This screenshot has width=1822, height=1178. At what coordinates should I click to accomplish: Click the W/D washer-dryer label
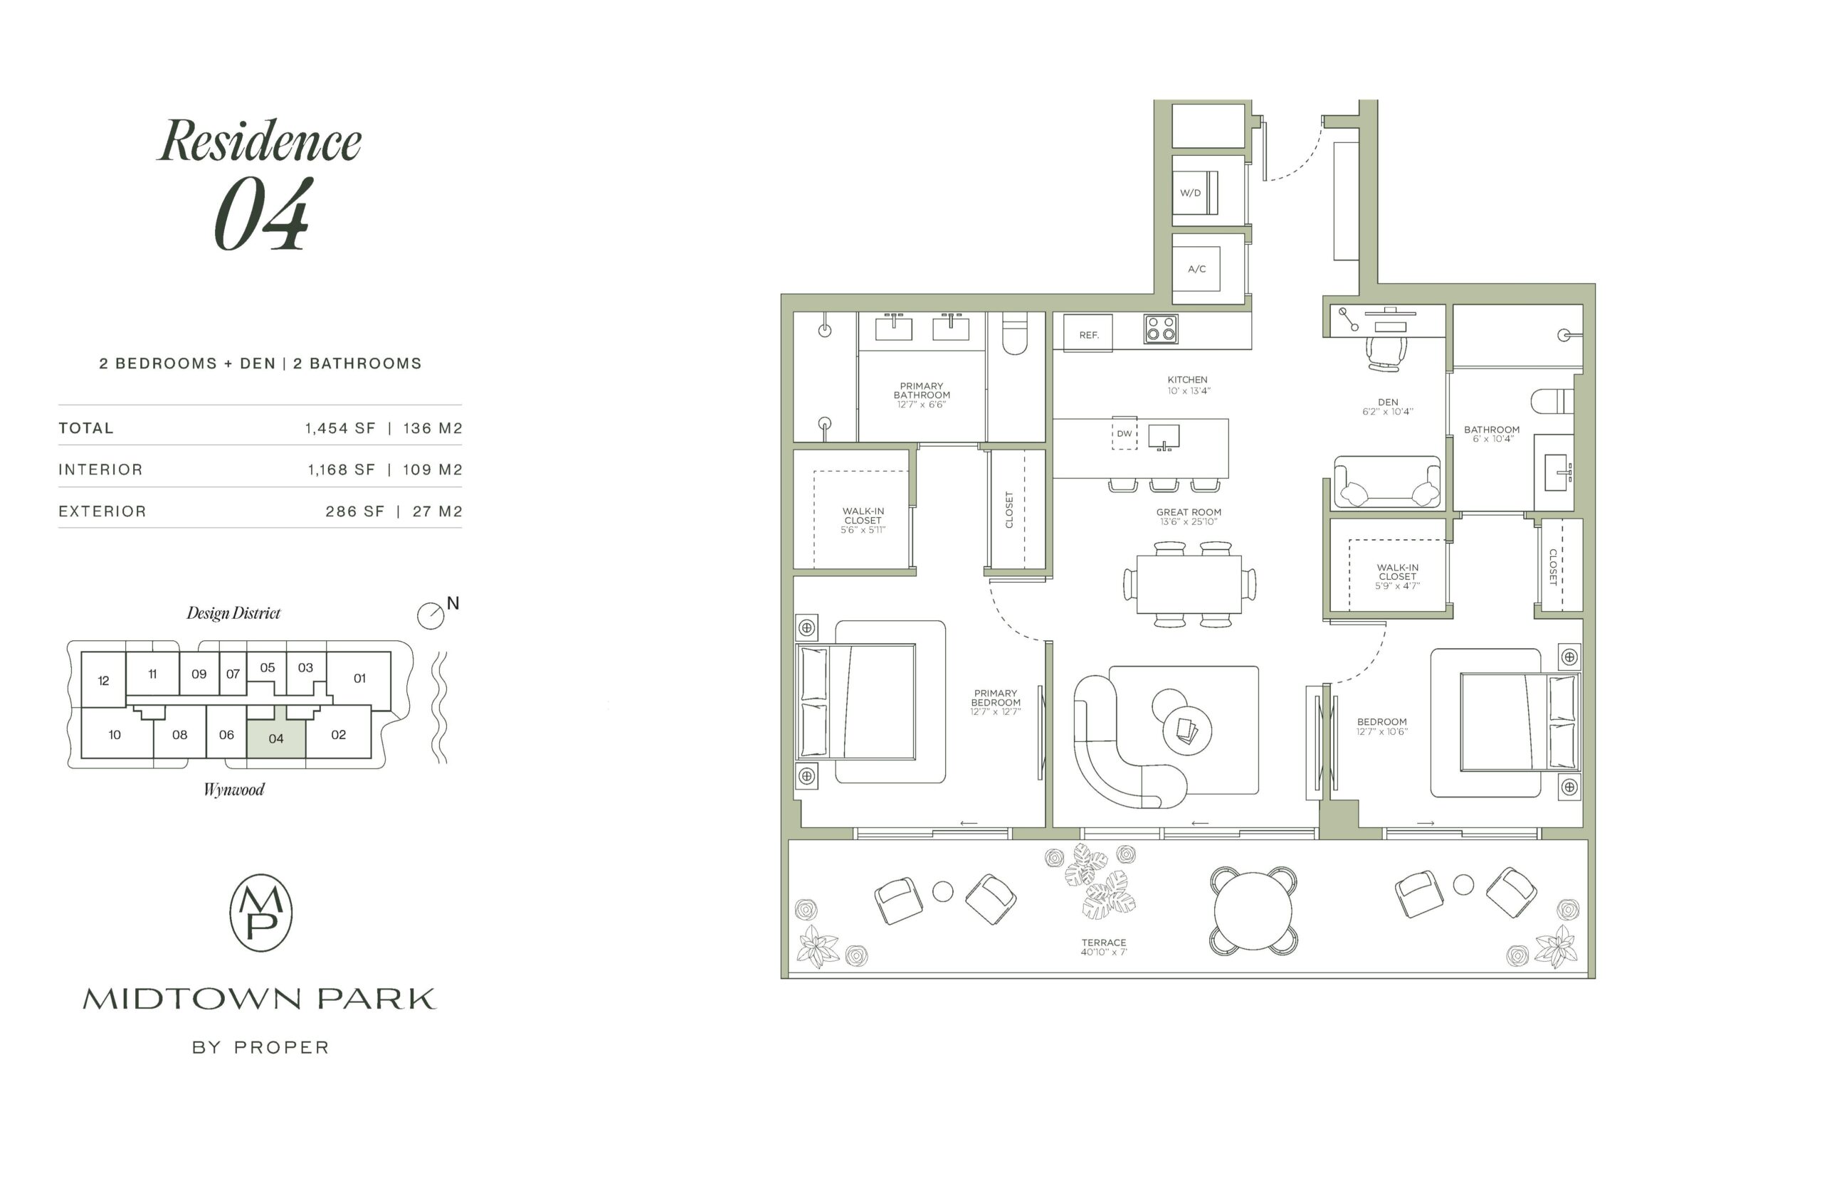pyautogui.click(x=1189, y=193)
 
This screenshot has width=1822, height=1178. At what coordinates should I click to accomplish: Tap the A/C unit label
pyautogui.click(x=1196, y=268)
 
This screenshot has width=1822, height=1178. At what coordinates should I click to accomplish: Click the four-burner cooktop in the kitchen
pyautogui.click(x=1160, y=329)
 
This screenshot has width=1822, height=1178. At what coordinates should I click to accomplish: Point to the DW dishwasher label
pyautogui.click(x=1123, y=434)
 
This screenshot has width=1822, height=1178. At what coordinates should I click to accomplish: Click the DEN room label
pyautogui.click(x=1387, y=402)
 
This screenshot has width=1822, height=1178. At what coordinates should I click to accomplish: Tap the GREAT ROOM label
pyautogui.click(x=1189, y=511)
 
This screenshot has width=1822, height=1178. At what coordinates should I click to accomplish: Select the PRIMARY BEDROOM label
pyautogui.click(x=995, y=698)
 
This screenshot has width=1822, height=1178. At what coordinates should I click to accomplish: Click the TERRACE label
pyautogui.click(x=1103, y=943)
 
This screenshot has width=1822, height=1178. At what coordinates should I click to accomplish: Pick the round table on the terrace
pyautogui.click(x=1253, y=911)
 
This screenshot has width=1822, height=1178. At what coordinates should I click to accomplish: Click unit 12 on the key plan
pyautogui.click(x=103, y=680)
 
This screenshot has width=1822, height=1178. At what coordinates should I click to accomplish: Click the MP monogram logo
pyautogui.click(x=261, y=913)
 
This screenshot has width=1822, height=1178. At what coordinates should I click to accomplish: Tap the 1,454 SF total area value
pyautogui.click(x=339, y=428)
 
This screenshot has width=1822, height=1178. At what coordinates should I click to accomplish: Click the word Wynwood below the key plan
pyautogui.click(x=233, y=790)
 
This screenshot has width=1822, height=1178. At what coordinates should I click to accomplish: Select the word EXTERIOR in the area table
pyautogui.click(x=102, y=511)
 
